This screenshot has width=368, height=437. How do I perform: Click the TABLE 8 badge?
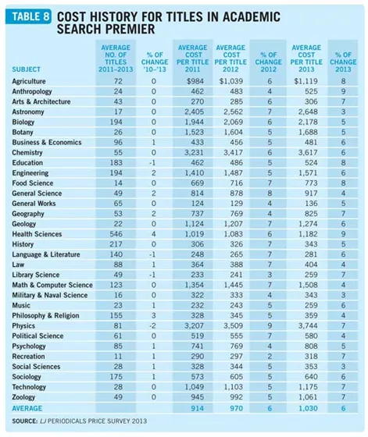(28, 16)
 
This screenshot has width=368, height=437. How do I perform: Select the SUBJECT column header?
(27, 69)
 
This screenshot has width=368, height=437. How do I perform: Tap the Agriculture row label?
(29, 81)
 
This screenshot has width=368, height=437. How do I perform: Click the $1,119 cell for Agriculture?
(305, 81)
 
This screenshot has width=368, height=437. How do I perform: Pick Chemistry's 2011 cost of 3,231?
(194, 153)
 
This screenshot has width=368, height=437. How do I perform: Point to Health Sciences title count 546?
(116, 234)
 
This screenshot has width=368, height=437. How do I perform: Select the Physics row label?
(23, 326)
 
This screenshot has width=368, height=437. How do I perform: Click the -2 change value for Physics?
(152, 326)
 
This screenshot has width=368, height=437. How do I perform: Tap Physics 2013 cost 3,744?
(308, 326)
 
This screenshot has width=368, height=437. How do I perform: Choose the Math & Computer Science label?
(52, 285)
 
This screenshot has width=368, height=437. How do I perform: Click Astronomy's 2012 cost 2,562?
(233, 112)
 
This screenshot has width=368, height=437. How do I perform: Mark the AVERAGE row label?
(27, 408)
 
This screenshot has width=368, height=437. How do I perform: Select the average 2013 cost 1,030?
(308, 408)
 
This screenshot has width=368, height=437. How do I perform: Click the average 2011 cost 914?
(197, 408)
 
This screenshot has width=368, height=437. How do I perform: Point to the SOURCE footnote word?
(24, 421)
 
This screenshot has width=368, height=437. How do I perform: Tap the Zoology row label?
(23, 397)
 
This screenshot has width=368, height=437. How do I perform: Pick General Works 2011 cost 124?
(197, 204)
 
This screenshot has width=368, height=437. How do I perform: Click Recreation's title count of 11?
(118, 357)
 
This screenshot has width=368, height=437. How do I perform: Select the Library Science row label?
(36, 275)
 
